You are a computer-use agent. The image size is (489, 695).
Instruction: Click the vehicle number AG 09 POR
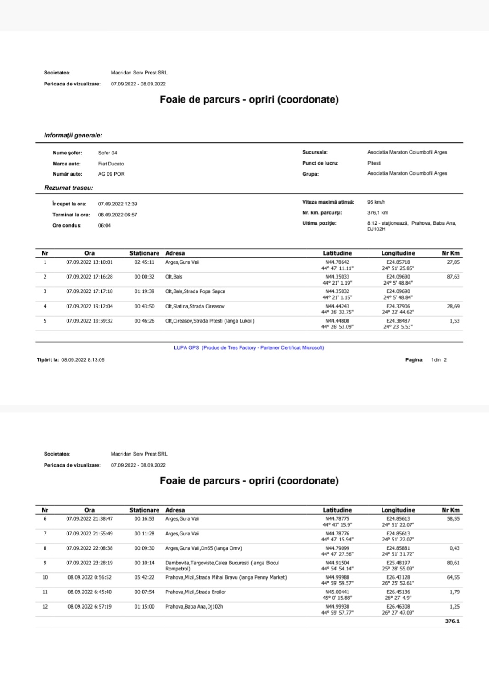pyautogui.click(x=111, y=174)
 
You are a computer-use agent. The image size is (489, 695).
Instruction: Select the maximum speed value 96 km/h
pyautogui.click(x=376, y=202)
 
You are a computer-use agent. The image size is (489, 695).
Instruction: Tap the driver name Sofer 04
pyautogui.click(x=107, y=153)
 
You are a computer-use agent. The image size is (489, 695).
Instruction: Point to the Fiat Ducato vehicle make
pyautogui.click(x=111, y=164)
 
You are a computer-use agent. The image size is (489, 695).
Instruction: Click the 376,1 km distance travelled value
pyautogui.click(x=377, y=213)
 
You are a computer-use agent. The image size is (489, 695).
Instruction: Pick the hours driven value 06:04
pyautogui.click(x=104, y=226)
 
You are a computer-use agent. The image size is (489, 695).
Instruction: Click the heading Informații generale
pyautogui.click(x=73, y=136)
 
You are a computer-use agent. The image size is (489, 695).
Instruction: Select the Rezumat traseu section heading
pyautogui.click(x=68, y=188)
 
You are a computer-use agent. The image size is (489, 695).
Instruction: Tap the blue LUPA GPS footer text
pyautogui.click(x=249, y=348)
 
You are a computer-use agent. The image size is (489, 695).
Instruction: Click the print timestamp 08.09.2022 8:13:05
pyautogui.click(x=83, y=360)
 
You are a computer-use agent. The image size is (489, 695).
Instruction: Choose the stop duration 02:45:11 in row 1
pyautogui.click(x=144, y=262)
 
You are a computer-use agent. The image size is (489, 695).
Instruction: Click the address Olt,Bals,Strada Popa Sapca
pyautogui.click(x=195, y=291)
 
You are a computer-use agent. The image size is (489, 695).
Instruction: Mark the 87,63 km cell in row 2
pyautogui.click(x=453, y=277)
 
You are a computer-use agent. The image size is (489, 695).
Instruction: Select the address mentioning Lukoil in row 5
pyautogui.click(x=209, y=321)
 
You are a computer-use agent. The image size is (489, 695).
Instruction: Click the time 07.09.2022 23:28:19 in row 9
pyautogui.click(x=90, y=563)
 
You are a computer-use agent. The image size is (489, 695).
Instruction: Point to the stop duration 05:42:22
pyautogui.click(x=144, y=577)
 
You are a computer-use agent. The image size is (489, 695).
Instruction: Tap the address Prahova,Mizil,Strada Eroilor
pyautogui.click(x=196, y=592)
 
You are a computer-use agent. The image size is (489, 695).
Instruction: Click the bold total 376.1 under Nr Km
pyautogui.click(x=452, y=621)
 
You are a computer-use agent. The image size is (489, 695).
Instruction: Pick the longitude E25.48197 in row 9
pyautogui.click(x=398, y=563)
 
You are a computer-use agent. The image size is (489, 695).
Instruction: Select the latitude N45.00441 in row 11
pyautogui.click(x=337, y=592)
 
